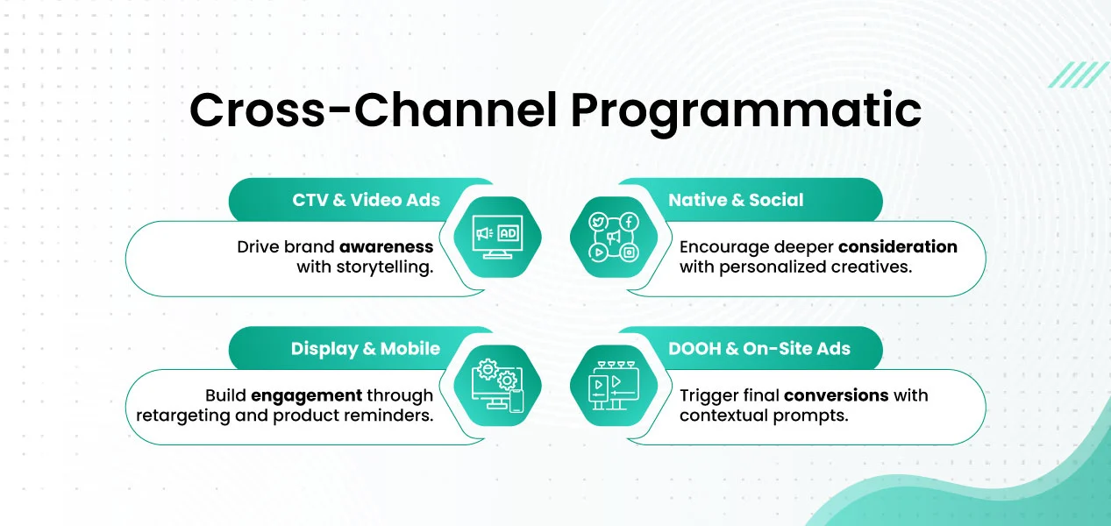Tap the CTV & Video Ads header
(366, 200)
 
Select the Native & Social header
(736, 200)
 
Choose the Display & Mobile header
(365, 349)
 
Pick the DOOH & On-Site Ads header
(759, 349)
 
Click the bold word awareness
(387, 246)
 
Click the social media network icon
(614, 237)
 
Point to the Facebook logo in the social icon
(629, 222)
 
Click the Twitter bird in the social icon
(599, 222)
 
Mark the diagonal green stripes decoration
(1079, 75)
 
